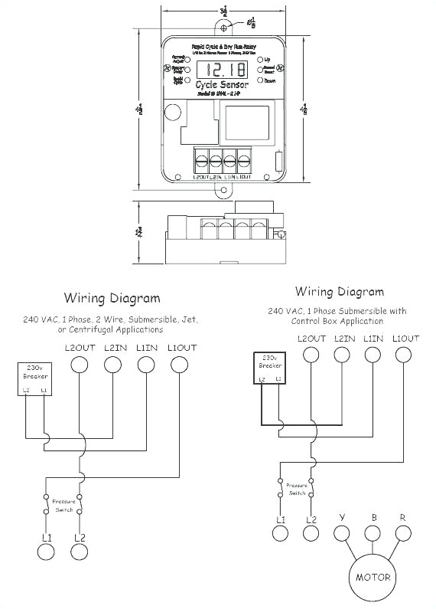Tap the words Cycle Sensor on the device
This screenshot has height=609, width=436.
[x=222, y=86]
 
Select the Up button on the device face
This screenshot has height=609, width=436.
[x=262, y=60]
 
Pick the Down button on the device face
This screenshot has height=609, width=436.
[x=262, y=79]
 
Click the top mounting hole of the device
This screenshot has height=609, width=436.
[x=223, y=28]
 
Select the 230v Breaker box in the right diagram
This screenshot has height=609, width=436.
[x=269, y=367]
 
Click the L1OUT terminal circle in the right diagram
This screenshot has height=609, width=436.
[x=405, y=354]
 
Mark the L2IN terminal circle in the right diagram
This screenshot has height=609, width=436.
[x=343, y=354]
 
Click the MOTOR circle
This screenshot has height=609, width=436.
[x=372, y=577]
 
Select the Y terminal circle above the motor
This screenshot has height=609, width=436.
[x=342, y=533]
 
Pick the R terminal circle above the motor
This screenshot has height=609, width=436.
[x=402, y=533]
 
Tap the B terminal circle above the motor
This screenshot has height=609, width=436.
[x=373, y=533]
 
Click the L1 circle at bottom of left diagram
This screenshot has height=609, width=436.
[x=46, y=552]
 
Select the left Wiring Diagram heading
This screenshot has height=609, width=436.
[x=112, y=298]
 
